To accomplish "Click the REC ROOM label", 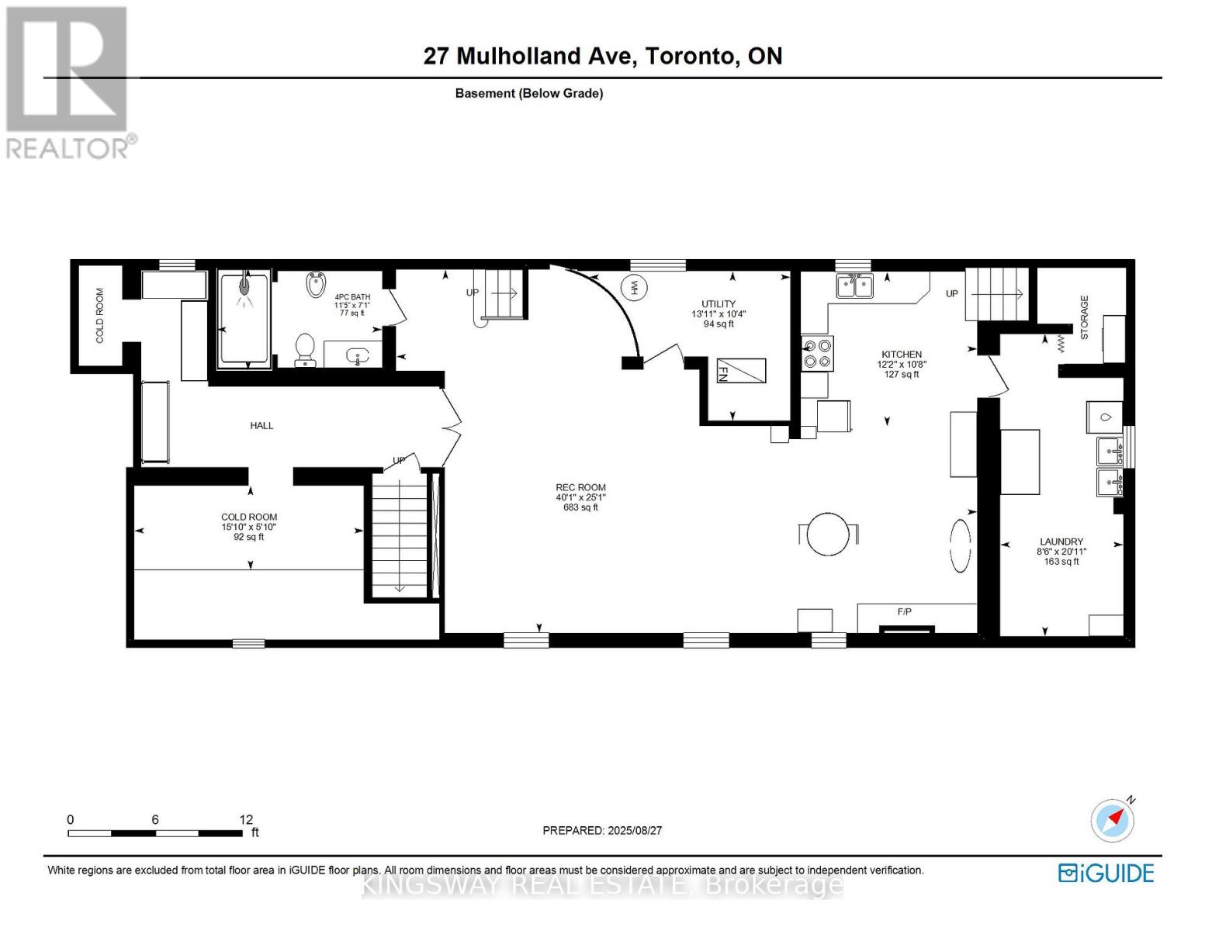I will coord(580,487).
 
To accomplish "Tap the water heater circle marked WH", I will coord(635,287).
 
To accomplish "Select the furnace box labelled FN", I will coord(740,371).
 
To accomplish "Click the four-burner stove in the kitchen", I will coord(817,354).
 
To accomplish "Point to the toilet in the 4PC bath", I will coord(306,349).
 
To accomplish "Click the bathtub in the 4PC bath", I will coord(244,319).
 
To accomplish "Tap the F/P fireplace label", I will coord(904,611).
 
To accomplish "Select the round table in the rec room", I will coord(828,534).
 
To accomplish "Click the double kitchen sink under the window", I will coord(854,286).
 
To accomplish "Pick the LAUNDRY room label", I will coord(1061,542).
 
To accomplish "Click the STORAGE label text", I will coord(1084,317).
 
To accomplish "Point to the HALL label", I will coord(261,425).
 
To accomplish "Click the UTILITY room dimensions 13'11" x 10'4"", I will coord(718,314).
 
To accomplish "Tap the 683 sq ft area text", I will coord(580,507).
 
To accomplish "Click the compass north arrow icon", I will coord(1113,819).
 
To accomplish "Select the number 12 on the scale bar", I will coord(246,819).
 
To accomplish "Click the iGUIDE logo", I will coord(1106,873).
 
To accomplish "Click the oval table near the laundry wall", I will coord(961,545).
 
